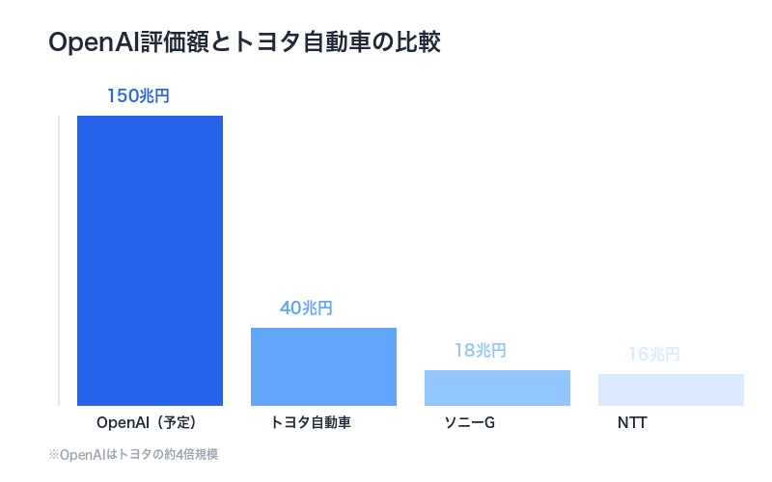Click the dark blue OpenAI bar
[150, 260]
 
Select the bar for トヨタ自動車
[323, 366]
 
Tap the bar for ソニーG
[497, 388]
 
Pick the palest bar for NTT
[671, 389]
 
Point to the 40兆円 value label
[306, 308]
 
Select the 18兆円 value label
[480, 351]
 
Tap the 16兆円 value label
[653, 355]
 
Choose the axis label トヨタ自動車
[310, 423]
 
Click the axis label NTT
[632, 423]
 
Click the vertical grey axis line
[59, 260]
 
